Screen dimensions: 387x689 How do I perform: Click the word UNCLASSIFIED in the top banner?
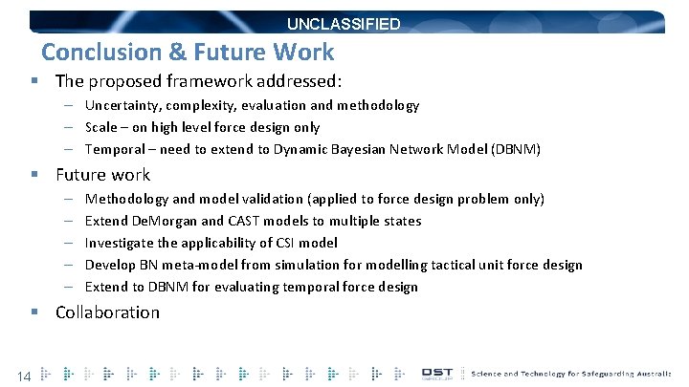click(x=344, y=24)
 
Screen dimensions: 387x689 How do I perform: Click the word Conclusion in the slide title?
click(x=91, y=53)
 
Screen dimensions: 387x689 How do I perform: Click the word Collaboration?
click(x=107, y=312)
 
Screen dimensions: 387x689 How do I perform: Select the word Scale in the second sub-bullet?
click(x=101, y=127)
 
